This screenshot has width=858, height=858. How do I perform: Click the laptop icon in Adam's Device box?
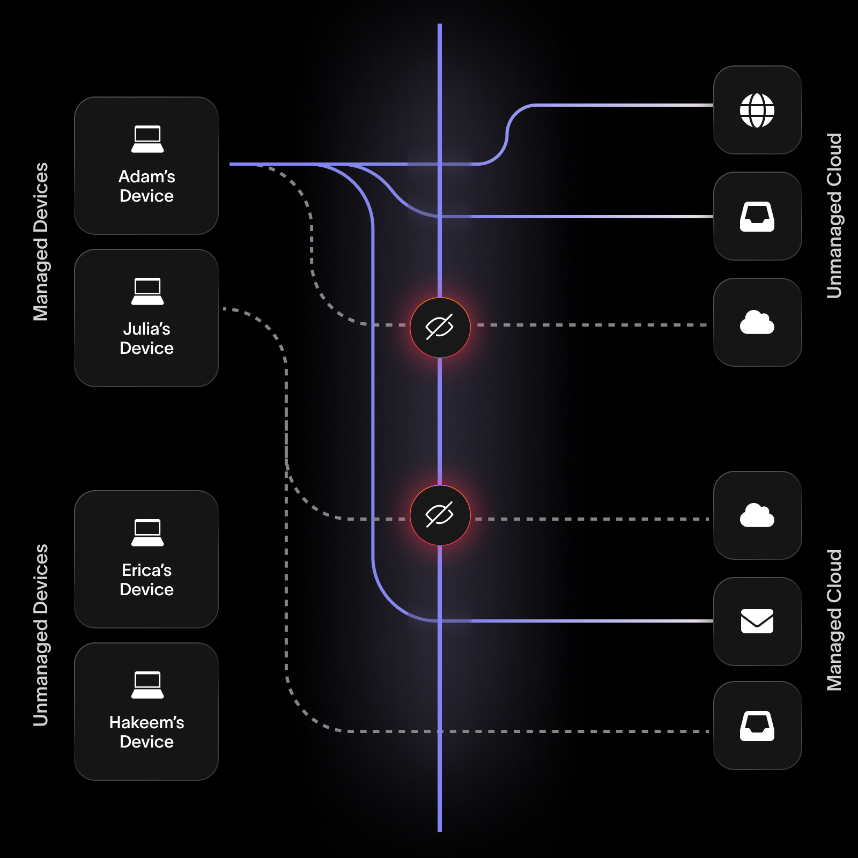click(147, 139)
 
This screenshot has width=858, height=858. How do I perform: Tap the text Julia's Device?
click(146, 338)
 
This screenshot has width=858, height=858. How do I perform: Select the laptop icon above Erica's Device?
click(147, 533)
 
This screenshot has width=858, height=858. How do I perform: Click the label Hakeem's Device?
click(146, 732)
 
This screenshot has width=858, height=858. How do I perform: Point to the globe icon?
click(757, 110)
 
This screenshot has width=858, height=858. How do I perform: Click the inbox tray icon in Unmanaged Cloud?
click(757, 217)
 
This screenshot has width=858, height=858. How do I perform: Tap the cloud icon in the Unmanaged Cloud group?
click(757, 322)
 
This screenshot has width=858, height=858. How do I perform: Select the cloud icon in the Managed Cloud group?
click(757, 515)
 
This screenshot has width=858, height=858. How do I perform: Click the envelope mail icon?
click(757, 622)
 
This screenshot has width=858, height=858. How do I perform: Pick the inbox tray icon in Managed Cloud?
click(757, 726)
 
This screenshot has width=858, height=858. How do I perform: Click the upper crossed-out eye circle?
click(440, 327)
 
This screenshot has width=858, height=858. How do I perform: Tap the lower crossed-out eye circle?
click(440, 515)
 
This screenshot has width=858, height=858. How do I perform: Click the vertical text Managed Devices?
click(41, 241)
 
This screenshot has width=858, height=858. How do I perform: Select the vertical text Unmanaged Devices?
click(41, 635)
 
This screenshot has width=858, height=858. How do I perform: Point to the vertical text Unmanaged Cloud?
click(834, 216)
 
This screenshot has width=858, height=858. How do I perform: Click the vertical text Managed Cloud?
click(834, 620)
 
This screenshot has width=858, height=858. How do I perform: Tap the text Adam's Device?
click(146, 186)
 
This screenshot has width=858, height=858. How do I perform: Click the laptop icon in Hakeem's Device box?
click(147, 685)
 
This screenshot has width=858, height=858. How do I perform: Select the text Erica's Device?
click(146, 580)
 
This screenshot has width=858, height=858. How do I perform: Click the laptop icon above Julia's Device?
click(147, 292)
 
